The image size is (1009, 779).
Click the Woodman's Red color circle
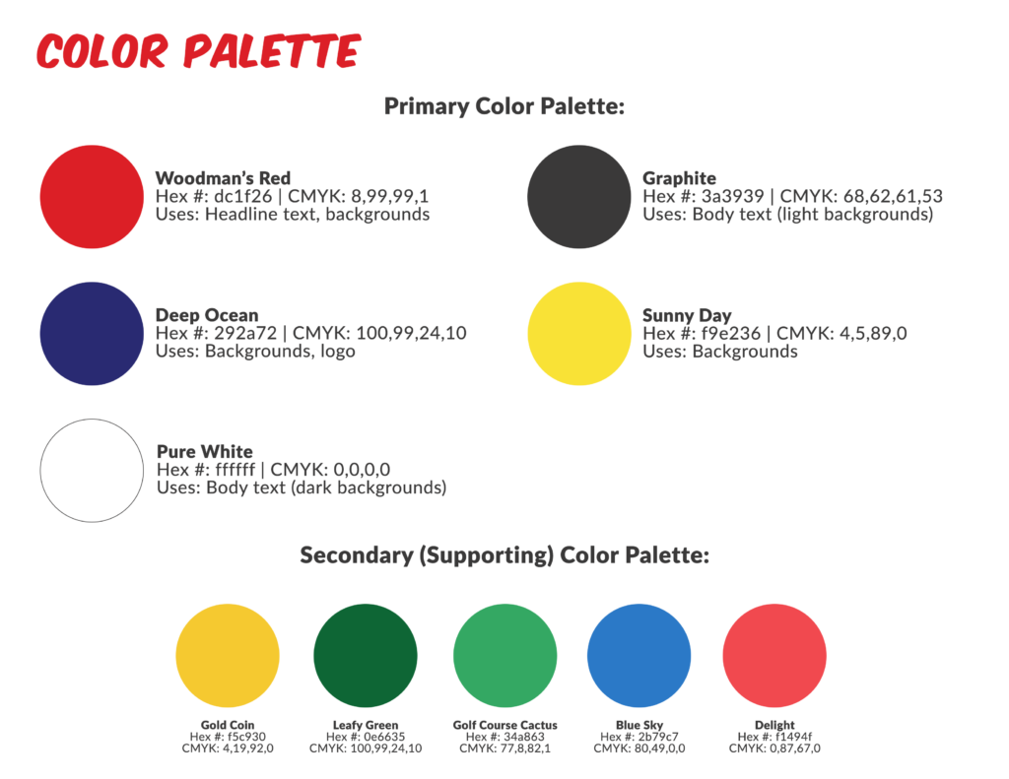pyautogui.click(x=92, y=197)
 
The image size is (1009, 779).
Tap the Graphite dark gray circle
pyautogui.click(x=579, y=197)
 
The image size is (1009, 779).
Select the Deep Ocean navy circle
pyautogui.click(x=92, y=334)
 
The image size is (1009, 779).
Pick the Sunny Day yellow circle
pyautogui.click(x=579, y=334)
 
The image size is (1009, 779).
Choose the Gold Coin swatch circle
pyautogui.click(x=228, y=656)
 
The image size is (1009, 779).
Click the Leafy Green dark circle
pyautogui.click(x=366, y=656)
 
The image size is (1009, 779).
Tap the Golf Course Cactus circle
pyautogui.click(x=505, y=656)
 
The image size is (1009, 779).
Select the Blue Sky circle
pyautogui.click(x=639, y=656)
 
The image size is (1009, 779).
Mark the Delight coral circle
pyautogui.click(x=774, y=656)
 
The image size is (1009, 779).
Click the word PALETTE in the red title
pyautogui.click(x=272, y=51)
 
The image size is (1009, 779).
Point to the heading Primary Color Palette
pyautogui.click(x=504, y=106)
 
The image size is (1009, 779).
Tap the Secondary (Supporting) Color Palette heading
pyautogui.click(x=504, y=555)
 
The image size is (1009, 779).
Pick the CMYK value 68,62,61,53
pyautogui.click(x=893, y=197)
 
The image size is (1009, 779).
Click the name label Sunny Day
pyautogui.click(x=687, y=316)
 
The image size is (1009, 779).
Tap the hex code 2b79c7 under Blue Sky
pyautogui.click(x=657, y=737)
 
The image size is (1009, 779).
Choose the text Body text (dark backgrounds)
pyautogui.click(x=326, y=487)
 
